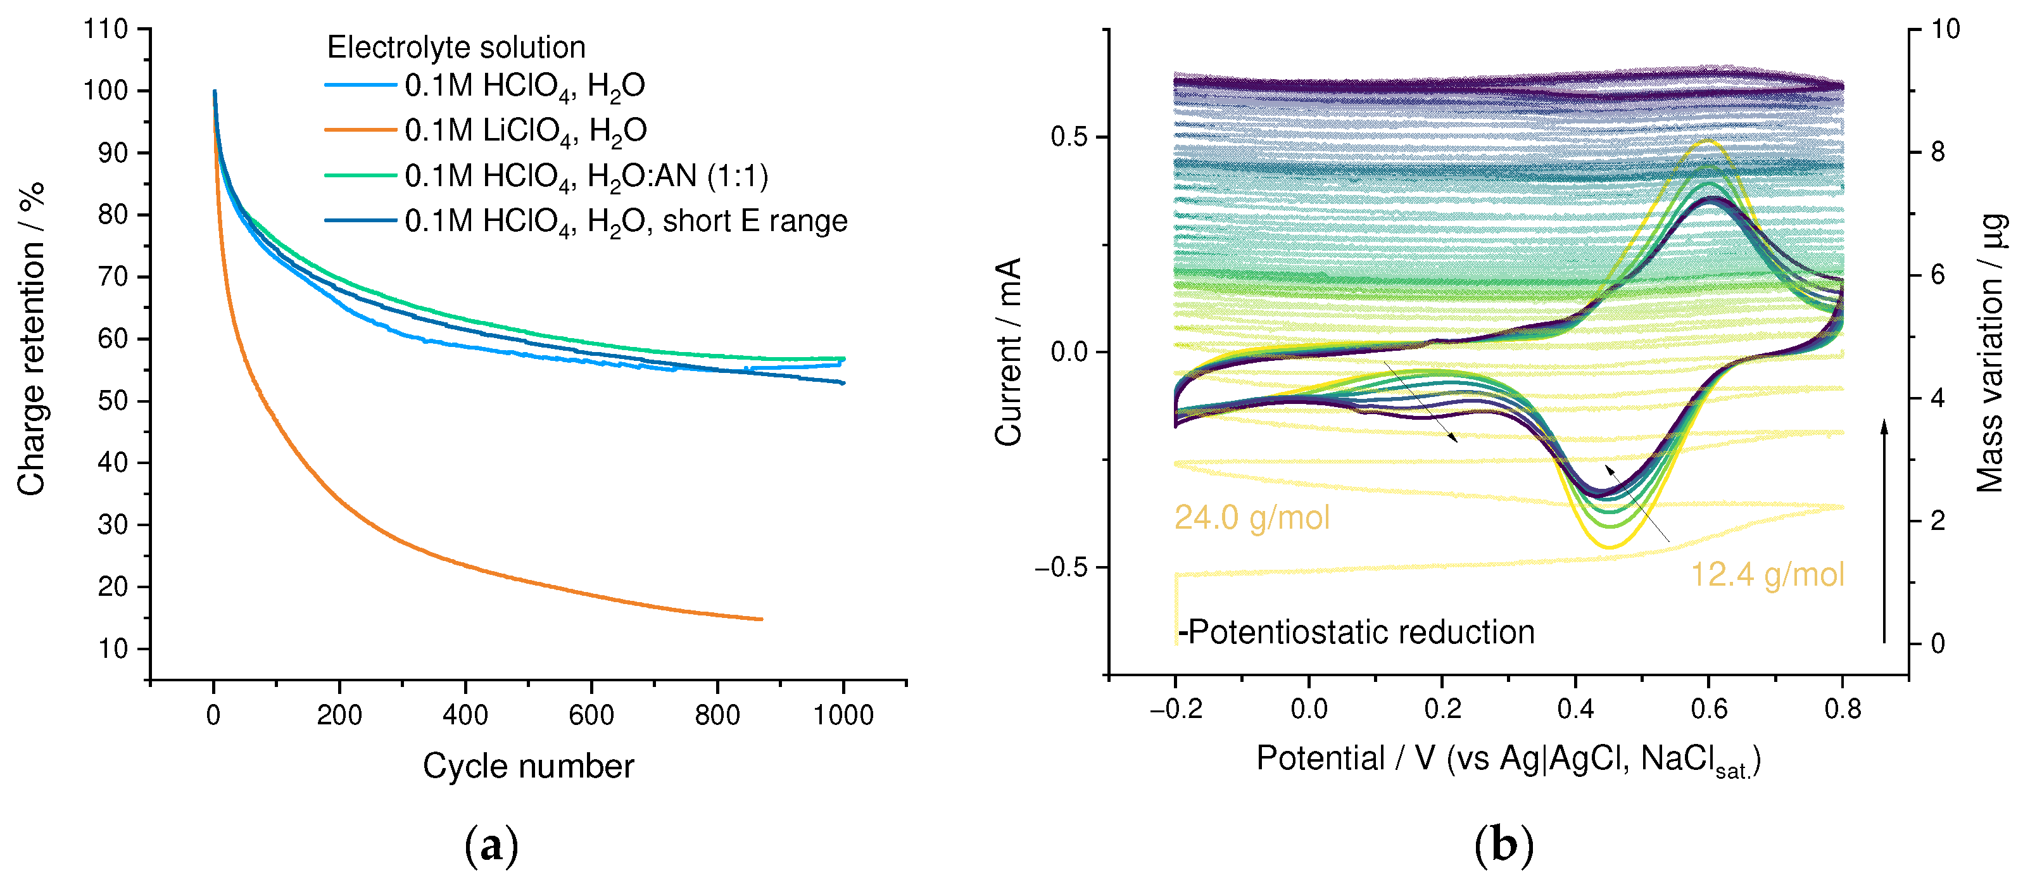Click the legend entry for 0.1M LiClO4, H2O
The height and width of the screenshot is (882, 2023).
click(x=525, y=130)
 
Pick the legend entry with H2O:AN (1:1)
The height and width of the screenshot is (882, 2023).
click(x=586, y=176)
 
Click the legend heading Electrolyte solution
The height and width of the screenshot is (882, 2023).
click(x=455, y=47)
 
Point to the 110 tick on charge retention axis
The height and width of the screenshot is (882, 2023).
click(x=105, y=29)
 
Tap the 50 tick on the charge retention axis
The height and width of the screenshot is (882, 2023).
click(x=112, y=401)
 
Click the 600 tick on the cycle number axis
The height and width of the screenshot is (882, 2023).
click(x=591, y=715)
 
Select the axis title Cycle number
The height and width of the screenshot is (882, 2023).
click(x=527, y=765)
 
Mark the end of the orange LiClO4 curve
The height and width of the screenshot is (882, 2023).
click(x=760, y=619)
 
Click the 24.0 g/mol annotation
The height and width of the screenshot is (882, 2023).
click(x=1251, y=517)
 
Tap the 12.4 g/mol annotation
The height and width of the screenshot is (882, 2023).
click(x=1766, y=574)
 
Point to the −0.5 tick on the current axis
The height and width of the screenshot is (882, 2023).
click(x=1060, y=568)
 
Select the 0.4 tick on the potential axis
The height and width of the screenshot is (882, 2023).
click(x=1575, y=709)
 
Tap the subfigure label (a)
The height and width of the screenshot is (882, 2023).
click(x=491, y=845)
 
